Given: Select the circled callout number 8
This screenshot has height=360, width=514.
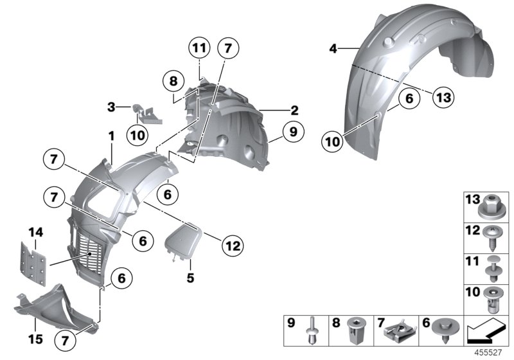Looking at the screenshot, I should coord(172,82).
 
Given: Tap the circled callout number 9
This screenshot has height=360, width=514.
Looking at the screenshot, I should coord(292,133).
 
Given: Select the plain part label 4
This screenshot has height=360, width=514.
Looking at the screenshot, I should coord(332,48).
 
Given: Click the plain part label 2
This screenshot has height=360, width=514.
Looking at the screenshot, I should coord(295,110).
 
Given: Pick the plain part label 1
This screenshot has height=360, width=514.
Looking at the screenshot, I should coord(111,136).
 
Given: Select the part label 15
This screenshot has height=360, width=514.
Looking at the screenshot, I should coord(32,334).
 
